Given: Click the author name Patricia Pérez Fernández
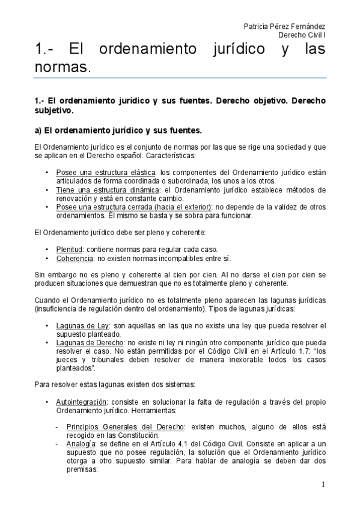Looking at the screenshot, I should point(285,26).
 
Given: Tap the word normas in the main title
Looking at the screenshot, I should point(62,69).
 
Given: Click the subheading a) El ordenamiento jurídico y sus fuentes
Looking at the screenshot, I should point(118,130).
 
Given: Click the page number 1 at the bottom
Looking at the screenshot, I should point(323,485).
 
